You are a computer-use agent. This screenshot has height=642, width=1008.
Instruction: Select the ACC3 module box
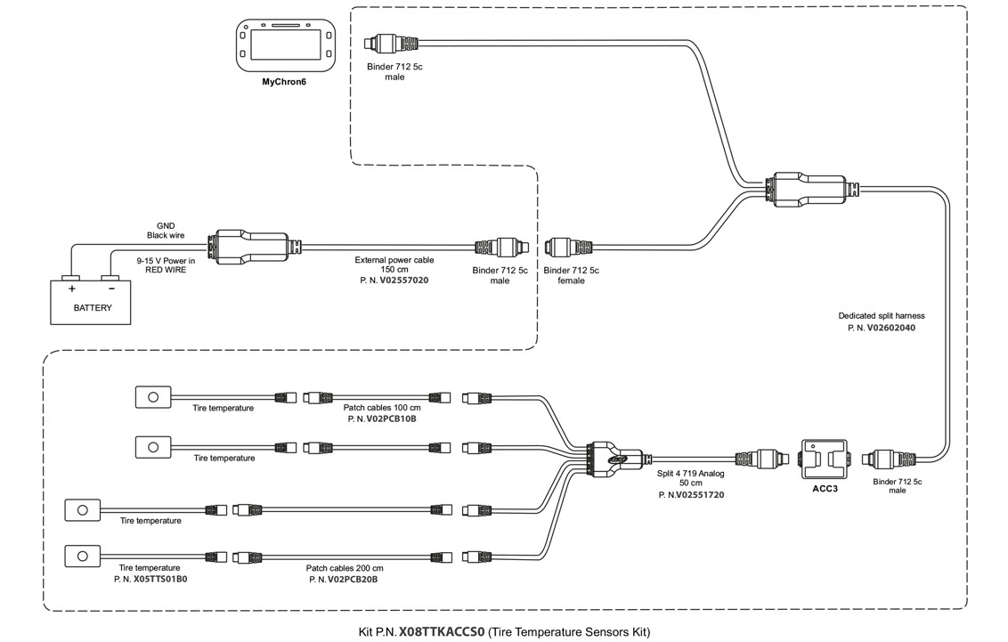tap(825, 459)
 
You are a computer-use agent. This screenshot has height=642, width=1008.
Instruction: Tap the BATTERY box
tap(93, 301)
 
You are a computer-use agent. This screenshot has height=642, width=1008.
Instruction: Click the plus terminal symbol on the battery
tap(71, 288)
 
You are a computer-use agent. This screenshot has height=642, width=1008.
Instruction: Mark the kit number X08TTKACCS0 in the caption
tap(442, 632)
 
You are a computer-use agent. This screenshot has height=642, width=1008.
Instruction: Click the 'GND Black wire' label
tap(166, 231)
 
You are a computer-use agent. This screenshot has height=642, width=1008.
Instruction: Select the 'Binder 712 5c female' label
tap(571, 275)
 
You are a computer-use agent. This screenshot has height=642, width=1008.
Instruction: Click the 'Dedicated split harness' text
tap(881, 315)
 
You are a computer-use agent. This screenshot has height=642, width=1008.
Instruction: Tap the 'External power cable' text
tap(394, 260)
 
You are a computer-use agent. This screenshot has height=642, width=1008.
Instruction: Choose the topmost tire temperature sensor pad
tap(152, 395)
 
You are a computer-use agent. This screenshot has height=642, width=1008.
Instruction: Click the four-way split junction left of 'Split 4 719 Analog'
tap(606, 458)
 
